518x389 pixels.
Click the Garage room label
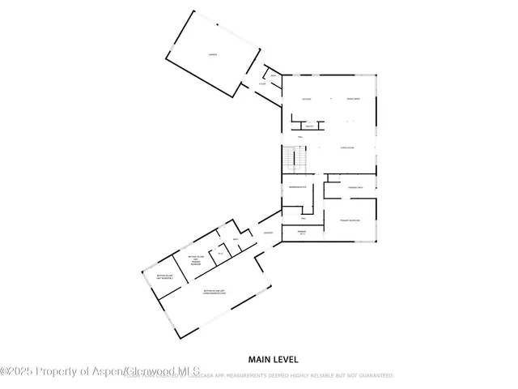pos(213,54)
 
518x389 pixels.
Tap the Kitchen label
pos(307,99)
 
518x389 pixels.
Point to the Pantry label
pos(308,126)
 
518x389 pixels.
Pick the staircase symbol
pos(291,158)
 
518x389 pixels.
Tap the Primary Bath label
pos(355,187)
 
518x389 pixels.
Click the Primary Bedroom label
pos(349,220)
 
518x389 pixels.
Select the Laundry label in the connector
pos(268,234)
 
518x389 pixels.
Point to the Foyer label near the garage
pos(262,83)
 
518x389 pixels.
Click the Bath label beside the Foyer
pos(274,76)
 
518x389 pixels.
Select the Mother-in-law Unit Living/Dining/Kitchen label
pos(214,292)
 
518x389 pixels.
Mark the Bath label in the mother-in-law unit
pos(236,240)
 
